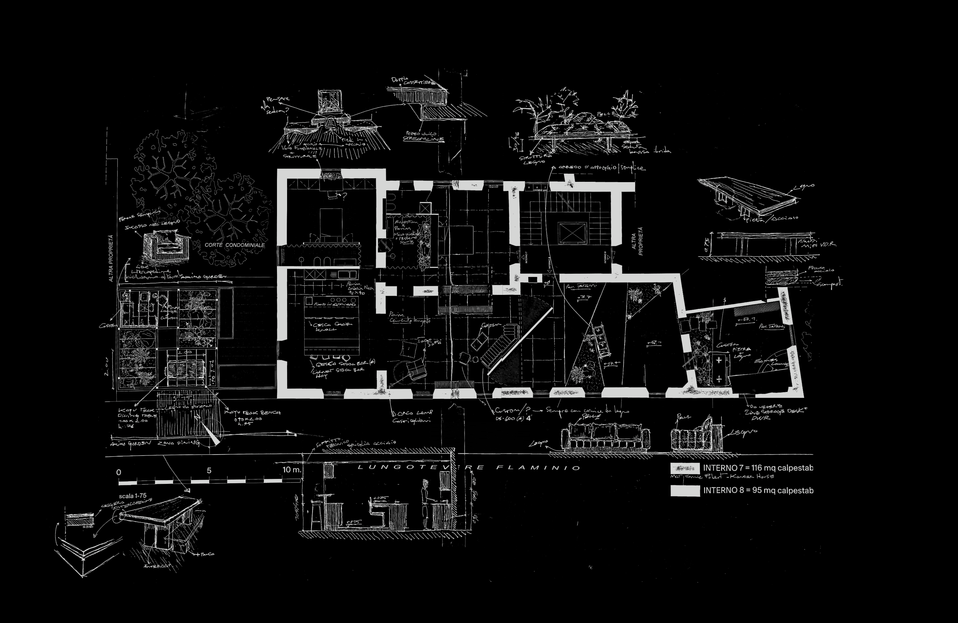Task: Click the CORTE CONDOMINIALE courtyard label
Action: pos(235,245)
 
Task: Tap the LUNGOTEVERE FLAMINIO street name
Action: pos(469,467)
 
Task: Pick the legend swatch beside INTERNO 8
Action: pos(685,491)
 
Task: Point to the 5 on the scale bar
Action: pos(209,471)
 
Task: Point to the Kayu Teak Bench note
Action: pos(253,413)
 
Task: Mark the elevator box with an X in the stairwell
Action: pos(572,233)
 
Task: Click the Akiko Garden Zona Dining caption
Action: pos(155,443)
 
